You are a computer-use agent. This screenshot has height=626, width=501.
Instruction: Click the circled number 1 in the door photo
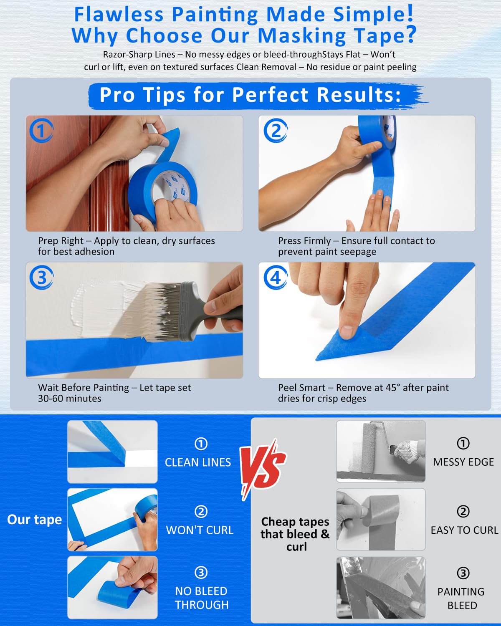pyautogui.click(x=41, y=131)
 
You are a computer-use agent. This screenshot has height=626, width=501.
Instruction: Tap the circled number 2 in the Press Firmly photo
pyautogui.click(x=275, y=131)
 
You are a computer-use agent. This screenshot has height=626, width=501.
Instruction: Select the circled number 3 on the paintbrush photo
pyautogui.click(x=41, y=277)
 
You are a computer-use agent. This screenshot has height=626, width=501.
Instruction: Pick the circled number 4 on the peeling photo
pyautogui.click(x=275, y=277)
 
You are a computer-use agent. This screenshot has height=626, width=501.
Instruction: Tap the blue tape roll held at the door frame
pyautogui.click(x=163, y=192)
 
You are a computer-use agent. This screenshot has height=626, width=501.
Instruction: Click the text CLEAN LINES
pyautogui.click(x=198, y=462)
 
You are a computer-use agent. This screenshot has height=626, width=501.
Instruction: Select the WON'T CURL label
pyautogui.click(x=200, y=530)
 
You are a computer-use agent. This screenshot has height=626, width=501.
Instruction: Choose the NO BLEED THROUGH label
pyautogui.click(x=202, y=598)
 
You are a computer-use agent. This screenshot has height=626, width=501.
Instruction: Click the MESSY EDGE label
pyautogui.click(x=463, y=462)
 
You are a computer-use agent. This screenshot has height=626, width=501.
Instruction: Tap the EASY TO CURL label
pyautogui.click(x=464, y=530)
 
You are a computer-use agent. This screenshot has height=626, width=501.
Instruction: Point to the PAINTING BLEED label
pyautogui.click(x=461, y=598)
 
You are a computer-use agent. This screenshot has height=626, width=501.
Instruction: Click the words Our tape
pyautogui.click(x=35, y=520)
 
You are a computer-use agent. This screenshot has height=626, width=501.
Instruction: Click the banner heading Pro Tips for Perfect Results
pyautogui.click(x=250, y=95)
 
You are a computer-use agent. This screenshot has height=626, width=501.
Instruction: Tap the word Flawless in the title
pyautogui.click(x=119, y=15)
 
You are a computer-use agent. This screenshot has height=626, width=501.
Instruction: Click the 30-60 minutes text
pyautogui.click(x=70, y=399)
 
